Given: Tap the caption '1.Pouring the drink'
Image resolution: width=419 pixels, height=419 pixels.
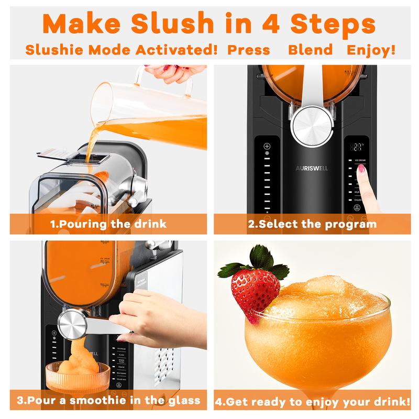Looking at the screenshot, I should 108,224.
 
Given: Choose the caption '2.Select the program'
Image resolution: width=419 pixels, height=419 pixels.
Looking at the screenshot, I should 313,224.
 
